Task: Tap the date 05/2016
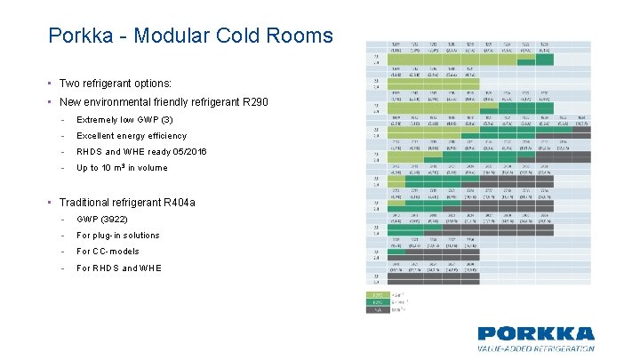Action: point(189,152)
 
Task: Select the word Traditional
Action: point(90,204)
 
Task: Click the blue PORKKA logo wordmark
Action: point(535,334)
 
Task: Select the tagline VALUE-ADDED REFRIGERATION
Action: point(535,348)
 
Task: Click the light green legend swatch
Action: point(377,294)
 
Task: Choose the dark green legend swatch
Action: point(377,302)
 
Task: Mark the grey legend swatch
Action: point(377,309)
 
